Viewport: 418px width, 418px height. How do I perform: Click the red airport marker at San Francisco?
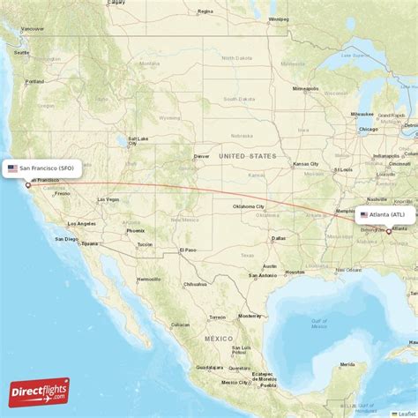pyautogui.click(x=27, y=184)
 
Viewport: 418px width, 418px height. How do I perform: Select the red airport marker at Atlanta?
pyautogui.click(x=389, y=231)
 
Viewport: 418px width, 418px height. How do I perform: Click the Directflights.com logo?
pyautogui.click(x=38, y=391)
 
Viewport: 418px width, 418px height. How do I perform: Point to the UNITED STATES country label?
pyautogui.click(x=248, y=156)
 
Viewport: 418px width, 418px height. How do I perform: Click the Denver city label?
pyautogui.click(x=202, y=156)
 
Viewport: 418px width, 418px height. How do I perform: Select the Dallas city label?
pyautogui.click(x=279, y=238)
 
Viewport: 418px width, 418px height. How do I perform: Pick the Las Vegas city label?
pyautogui.click(x=107, y=199)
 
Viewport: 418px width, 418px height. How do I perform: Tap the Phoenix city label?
pyautogui.click(x=135, y=231)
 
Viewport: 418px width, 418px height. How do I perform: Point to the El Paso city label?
pyautogui.click(x=187, y=250)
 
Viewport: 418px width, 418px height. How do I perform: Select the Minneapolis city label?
pyautogui.click(x=306, y=89)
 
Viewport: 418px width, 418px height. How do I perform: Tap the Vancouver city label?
pyautogui.click(x=33, y=28)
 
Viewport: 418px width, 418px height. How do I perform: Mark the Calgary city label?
pyautogui.click(x=116, y=3)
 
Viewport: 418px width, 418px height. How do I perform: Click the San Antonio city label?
pyautogui.click(x=262, y=275)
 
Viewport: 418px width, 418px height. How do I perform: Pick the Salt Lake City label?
pyautogui.click(x=138, y=138)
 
